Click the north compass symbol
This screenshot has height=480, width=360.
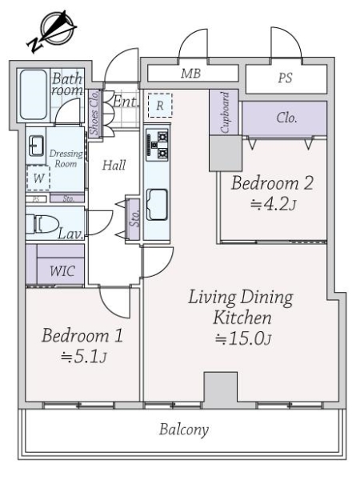[x=52, y=30]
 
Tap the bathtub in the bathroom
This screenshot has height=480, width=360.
[x=34, y=94]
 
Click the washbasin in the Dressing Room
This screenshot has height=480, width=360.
[x=36, y=146]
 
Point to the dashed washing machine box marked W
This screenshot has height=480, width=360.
[x=38, y=178]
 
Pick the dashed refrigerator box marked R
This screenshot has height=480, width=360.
[x=160, y=106]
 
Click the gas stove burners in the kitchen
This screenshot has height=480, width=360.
[x=158, y=145]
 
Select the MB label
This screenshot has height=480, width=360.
[x=190, y=74]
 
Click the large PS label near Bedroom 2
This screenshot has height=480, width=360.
[x=285, y=78]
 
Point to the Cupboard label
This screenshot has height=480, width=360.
[x=225, y=113]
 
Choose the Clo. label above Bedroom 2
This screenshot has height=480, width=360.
[x=287, y=118]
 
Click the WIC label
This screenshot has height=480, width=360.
[x=62, y=271]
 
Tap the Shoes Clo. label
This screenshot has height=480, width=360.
[x=94, y=112]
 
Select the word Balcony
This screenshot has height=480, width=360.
[x=184, y=430]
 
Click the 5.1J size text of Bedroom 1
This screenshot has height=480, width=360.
[x=83, y=357]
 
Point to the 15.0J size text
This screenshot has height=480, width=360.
[x=244, y=338]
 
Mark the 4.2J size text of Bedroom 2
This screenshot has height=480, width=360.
[x=274, y=205]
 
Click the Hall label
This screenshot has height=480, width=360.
[x=114, y=166]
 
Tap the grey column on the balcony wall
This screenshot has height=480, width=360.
[x=221, y=390]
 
